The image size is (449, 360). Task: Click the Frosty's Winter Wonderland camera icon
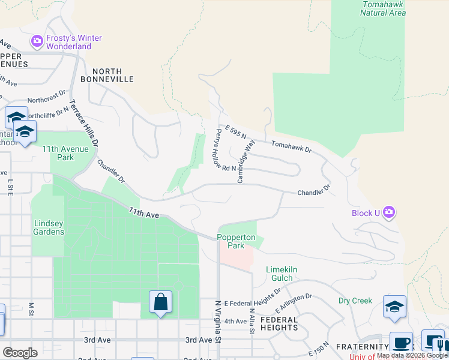point(37,41)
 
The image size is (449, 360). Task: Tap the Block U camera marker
point(389,212)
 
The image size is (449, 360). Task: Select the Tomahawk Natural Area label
point(384,8)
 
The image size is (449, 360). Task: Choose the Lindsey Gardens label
point(48,227)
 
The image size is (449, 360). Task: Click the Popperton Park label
point(236,241)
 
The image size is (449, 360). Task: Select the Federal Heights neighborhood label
point(279,324)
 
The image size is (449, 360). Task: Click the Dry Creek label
point(355,301)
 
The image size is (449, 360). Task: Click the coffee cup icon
point(401,343)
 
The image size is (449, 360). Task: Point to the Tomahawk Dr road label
point(292,146)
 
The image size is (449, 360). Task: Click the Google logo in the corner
point(20,353)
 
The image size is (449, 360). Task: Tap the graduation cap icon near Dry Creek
point(394,307)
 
